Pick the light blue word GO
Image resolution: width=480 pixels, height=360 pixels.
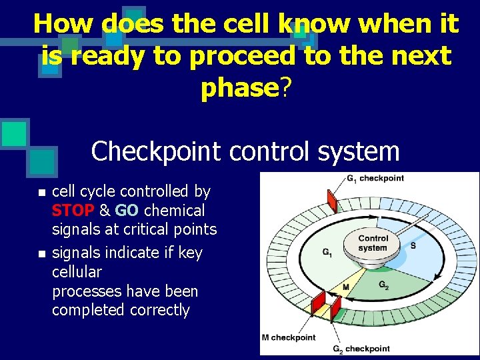tap(127, 211)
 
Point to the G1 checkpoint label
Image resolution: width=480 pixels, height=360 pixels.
tap(375, 178)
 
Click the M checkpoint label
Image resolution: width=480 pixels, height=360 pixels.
tap(289, 337)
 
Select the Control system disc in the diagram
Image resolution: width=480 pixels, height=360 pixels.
tap(373, 244)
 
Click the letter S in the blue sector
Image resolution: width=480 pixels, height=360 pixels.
tap(413, 245)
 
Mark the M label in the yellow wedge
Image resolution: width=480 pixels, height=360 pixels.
tap(346, 287)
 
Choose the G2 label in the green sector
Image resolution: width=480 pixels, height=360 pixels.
tap(384, 285)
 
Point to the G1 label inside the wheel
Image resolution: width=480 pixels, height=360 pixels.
tap(327, 252)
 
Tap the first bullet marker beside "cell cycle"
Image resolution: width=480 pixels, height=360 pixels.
tap(41, 193)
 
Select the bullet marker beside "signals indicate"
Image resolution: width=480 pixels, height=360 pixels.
tap(41, 254)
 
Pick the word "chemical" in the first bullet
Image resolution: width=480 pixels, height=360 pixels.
tap(174, 211)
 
